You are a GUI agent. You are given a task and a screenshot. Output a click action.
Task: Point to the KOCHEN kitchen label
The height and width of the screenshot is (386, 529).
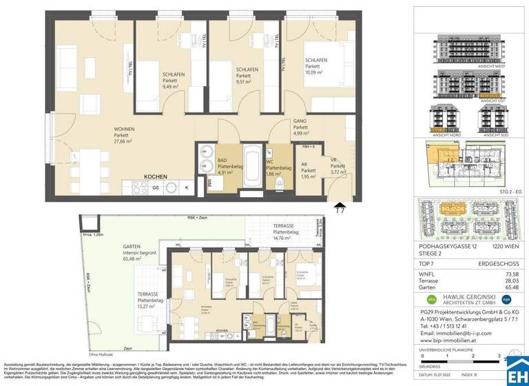[x=156, y=176]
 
